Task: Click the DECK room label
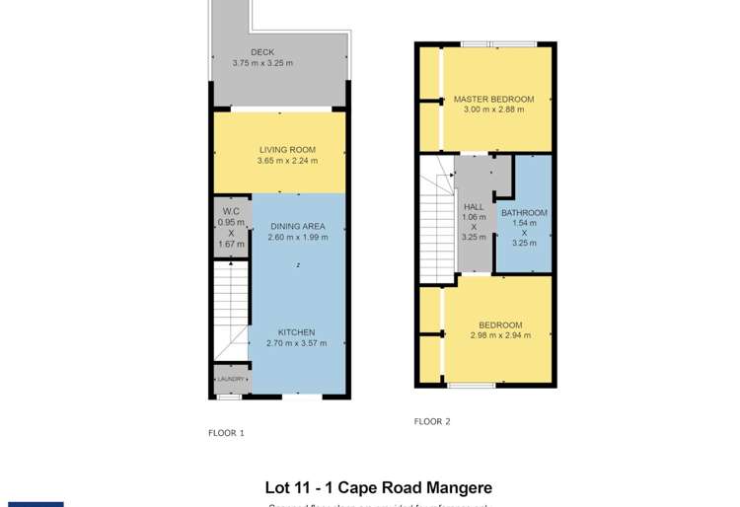[262, 52]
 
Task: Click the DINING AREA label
[297, 226]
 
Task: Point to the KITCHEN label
[296, 332]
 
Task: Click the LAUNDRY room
[231, 379]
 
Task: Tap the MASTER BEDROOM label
[493, 99]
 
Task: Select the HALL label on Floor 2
[474, 207]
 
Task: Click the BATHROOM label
[524, 213]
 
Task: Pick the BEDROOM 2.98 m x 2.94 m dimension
[500, 335]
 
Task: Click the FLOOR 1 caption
[226, 433]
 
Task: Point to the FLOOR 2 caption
[432, 421]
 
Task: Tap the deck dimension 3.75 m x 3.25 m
[262, 63]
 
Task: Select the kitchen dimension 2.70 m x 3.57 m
[296, 343]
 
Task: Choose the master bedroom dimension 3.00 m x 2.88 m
[493, 109]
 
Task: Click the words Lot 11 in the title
[288, 487]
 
